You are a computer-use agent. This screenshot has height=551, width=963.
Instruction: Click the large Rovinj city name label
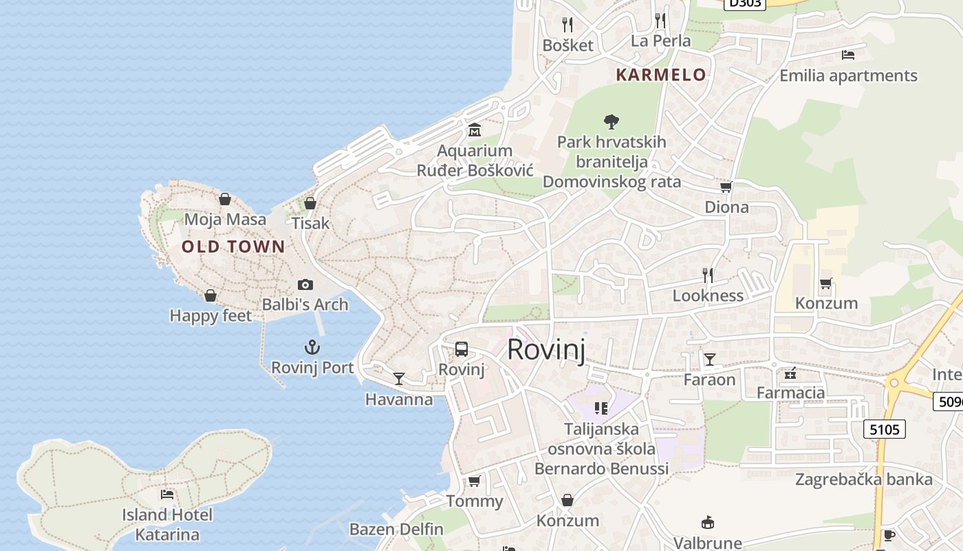pyautogui.click(x=546, y=350)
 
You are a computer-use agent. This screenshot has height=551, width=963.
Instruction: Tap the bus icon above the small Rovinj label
pyautogui.click(x=462, y=349)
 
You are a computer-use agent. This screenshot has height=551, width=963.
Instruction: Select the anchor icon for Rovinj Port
pyautogui.click(x=313, y=347)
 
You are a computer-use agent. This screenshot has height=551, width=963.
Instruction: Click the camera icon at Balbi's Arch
pyautogui.click(x=305, y=284)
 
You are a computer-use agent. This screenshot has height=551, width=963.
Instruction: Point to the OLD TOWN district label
pyautogui.click(x=233, y=247)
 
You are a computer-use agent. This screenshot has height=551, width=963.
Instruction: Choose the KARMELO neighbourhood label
pyautogui.click(x=660, y=75)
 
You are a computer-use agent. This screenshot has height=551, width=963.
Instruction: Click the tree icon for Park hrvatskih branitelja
pyautogui.click(x=611, y=123)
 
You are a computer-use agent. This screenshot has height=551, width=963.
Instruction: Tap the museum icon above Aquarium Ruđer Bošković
pyautogui.click(x=475, y=130)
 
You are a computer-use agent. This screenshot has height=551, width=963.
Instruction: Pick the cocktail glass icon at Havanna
pyautogui.click(x=399, y=378)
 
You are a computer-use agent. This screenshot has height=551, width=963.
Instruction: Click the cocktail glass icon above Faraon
pyautogui.click(x=709, y=359)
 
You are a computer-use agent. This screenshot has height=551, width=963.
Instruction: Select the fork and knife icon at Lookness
pyautogui.click(x=708, y=275)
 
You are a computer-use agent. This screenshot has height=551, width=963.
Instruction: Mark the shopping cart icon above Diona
pyautogui.click(x=726, y=187)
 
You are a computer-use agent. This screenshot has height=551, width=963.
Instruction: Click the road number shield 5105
pyautogui.click(x=884, y=430)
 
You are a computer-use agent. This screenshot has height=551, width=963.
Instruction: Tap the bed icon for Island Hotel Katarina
pyautogui.click(x=167, y=494)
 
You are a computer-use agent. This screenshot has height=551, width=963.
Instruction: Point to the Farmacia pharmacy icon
pyautogui.click(x=790, y=373)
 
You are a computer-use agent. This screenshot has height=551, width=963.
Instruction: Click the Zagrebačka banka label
pyautogui.click(x=864, y=479)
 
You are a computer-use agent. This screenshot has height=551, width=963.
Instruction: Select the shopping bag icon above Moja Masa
pyautogui.click(x=225, y=200)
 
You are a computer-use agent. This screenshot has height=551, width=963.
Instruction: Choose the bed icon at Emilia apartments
pyautogui.click(x=848, y=55)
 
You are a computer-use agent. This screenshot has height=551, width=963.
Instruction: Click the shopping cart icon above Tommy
pyautogui.click(x=474, y=481)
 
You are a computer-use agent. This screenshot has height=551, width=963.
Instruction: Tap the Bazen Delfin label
pyautogui.click(x=396, y=529)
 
